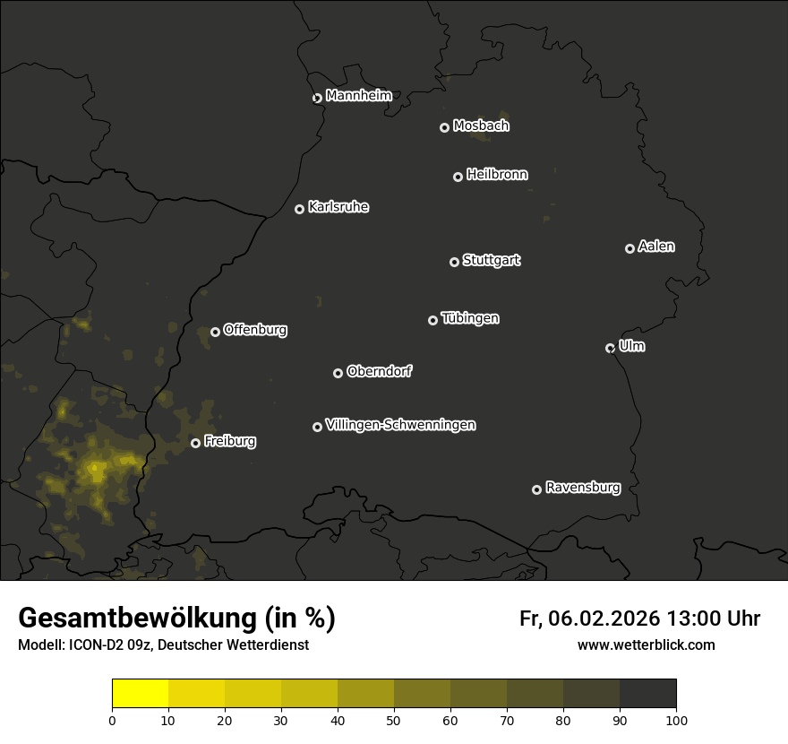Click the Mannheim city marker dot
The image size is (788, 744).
point(317,99)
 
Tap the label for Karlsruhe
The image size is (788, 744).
point(338,207)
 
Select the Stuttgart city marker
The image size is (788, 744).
point(454,262)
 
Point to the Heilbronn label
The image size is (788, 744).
point(497,175)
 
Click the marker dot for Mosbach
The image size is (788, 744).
point(444,128)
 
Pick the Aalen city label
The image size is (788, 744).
point(656,247)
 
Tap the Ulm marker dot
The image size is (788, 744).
point(610,348)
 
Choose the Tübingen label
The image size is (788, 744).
point(470,318)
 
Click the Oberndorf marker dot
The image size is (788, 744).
point(338,373)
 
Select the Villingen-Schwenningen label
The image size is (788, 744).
point(400,425)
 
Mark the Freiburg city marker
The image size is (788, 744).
point(195,443)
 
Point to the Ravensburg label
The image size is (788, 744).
point(583,488)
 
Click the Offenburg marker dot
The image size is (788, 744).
point(215,332)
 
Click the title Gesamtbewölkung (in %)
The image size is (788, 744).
point(176,619)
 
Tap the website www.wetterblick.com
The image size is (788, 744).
point(646,645)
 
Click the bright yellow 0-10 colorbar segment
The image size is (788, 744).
point(141,694)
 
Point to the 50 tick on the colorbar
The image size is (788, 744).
point(394,719)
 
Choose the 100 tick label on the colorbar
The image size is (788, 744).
point(676,720)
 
